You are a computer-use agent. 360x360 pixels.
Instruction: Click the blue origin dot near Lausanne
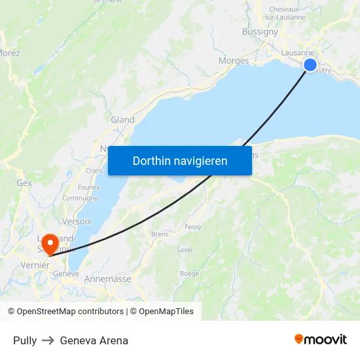310,64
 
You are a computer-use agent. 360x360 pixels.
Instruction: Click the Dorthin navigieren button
180,160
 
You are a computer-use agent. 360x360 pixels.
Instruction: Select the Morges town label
234,61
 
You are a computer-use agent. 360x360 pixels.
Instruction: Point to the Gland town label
122,120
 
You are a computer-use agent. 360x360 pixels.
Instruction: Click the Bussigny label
260,31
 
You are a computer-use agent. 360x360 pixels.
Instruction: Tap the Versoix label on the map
77,221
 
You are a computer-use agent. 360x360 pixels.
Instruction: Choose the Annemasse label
107,279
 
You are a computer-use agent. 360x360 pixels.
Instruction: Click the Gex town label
24,183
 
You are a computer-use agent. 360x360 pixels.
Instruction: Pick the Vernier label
35,265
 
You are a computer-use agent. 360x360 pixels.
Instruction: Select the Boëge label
189,274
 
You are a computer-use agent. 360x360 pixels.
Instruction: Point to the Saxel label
185,250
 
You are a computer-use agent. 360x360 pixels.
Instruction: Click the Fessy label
193,227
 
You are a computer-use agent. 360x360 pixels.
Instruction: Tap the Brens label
160,234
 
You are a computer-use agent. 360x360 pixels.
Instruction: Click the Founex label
88,187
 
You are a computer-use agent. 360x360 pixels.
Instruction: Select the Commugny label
80,198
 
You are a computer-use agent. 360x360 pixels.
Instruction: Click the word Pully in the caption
25,340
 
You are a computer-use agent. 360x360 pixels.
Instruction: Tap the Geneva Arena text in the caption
94,340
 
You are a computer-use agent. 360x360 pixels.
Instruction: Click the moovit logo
320,339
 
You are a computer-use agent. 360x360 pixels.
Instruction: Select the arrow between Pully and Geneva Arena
48,340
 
